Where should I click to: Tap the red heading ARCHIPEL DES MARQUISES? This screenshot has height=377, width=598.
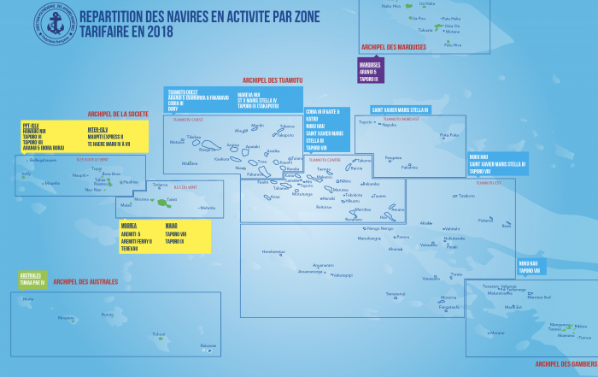point(394,47)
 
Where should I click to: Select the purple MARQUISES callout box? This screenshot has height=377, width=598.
point(371,71)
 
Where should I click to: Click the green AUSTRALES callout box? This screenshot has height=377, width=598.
point(31,279)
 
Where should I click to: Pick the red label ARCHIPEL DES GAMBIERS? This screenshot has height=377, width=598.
point(565,363)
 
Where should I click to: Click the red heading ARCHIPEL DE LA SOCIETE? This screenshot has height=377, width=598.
point(118,114)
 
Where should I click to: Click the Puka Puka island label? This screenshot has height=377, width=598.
point(449,135)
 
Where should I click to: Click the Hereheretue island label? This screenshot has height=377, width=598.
point(273,251)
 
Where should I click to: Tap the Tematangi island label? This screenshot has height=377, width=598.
point(395,293)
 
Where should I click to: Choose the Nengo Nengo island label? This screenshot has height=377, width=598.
point(380,228)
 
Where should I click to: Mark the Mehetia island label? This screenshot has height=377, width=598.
point(208,207)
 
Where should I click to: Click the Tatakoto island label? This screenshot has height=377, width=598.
point(466,196)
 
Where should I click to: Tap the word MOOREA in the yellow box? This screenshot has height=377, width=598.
point(129,227)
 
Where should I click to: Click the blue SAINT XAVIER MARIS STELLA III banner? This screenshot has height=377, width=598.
point(401,110)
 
